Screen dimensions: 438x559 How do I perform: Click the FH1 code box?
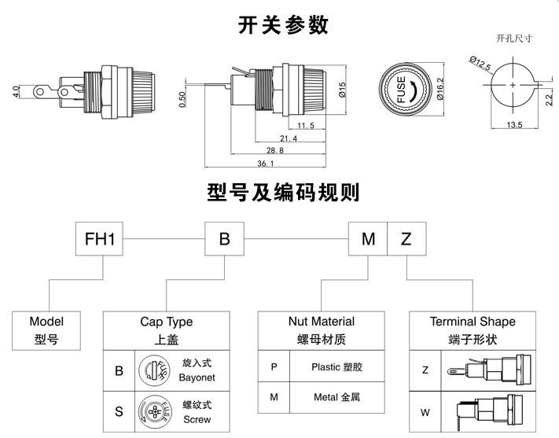pos(105,239)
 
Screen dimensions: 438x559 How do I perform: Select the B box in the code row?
pos(225,239)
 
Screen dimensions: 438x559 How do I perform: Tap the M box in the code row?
pos(368,239)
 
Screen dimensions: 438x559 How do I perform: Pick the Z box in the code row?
pos(406,239)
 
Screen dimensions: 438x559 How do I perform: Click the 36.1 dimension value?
pos(265,164)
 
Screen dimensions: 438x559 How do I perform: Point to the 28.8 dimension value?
pos(274,149)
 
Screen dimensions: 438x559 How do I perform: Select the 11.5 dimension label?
pos(306,125)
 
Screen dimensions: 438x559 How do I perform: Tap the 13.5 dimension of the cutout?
pos(515,125)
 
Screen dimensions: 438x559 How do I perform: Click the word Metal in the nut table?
pos(328,397)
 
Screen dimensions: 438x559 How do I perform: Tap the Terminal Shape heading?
pos(473,322)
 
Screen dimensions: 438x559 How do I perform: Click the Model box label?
pos(46,321)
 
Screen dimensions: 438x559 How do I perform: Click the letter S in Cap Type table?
pos(119,412)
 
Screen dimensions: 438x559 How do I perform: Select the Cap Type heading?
pos(166,322)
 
